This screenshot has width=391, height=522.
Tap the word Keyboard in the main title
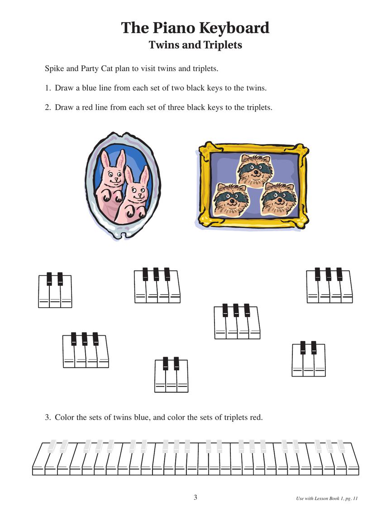coord(235,28)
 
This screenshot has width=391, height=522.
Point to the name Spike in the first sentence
coord(54,69)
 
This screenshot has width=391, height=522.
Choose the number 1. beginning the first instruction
coord(48,88)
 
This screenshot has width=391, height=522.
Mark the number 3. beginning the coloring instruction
coord(48,417)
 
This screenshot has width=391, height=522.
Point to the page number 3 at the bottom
coord(195,498)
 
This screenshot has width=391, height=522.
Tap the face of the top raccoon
coord(254,169)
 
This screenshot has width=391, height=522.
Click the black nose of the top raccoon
coord(254,174)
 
